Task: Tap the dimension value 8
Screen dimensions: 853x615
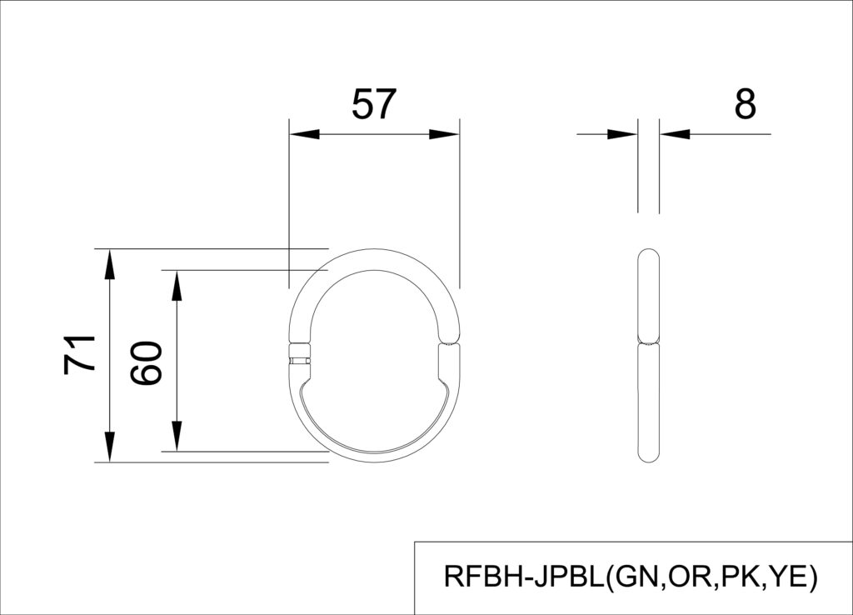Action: pyautogui.click(x=745, y=105)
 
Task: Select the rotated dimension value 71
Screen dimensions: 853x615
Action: pyautogui.click(x=81, y=353)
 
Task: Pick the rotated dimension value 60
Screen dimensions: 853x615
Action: pyautogui.click(x=147, y=362)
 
